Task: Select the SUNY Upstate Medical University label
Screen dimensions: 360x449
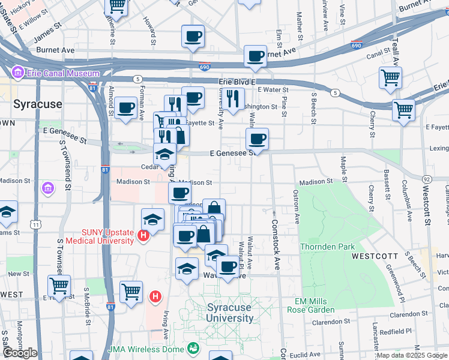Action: point(108,236)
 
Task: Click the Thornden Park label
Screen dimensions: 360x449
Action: point(328,246)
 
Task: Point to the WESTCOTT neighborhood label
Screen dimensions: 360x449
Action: point(376,256)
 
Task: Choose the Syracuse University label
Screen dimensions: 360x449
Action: point(230,313)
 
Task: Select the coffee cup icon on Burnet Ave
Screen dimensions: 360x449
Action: point(255,56)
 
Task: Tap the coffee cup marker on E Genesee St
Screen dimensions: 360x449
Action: point(257,139)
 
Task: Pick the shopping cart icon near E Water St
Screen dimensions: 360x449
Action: point(390,77)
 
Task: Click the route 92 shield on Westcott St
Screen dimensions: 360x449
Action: point(427,179)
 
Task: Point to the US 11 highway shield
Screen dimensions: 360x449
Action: point(36,224)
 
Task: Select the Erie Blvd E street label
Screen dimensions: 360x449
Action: point(237,82)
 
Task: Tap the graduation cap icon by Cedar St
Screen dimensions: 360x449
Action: point(164,154)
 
